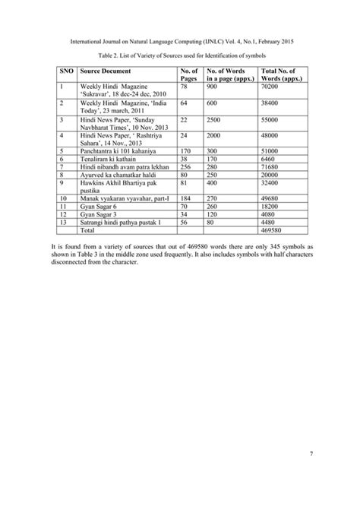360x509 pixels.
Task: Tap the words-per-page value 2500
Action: pyautogui.click(x=216, y=121)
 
